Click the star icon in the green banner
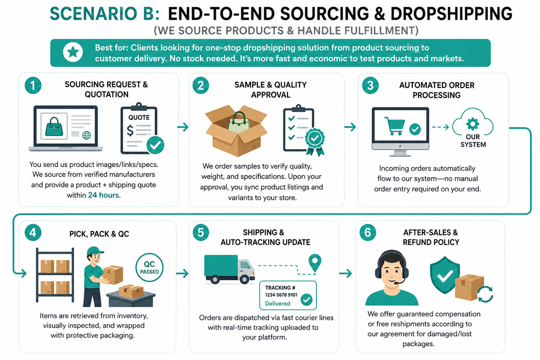(73, 52)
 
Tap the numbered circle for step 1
(33, 85)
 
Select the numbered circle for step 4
(33, 232)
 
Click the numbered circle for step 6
(368, 232)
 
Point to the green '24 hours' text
(104, 195)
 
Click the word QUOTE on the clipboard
(139, 118)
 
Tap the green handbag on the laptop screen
(54, 127)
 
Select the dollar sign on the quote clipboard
(130, 130)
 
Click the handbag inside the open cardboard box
(238, 122)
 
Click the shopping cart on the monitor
(394, 126)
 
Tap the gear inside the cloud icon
(472, 123)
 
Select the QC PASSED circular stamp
(149, 267)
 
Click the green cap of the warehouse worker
(95, 250)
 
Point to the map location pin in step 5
(315, 262)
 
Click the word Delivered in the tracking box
(277, 304)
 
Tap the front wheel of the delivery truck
(245, 279)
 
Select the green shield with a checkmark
(445, 275)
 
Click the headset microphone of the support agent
(397, 283)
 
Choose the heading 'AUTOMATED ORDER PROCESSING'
(437, 90)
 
